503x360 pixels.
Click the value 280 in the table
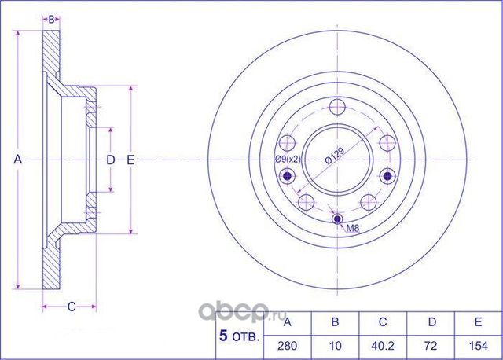pos(287,345)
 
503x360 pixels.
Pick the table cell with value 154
pos(479,345)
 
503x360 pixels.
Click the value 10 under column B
pos(336,345)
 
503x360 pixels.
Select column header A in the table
pos(287,322)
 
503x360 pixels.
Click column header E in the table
pos(479,322)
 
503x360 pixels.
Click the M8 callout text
pos(354,230)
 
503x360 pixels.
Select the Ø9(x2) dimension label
pos(287,160)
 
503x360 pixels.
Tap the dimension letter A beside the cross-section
pos(17,160)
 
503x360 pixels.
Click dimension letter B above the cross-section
pos(51,19)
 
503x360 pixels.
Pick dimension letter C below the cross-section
pos(70,307)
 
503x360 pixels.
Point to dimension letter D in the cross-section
pos(111,160)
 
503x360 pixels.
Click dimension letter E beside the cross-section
pos(131,160)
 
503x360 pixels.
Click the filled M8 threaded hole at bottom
pos(337,219)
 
